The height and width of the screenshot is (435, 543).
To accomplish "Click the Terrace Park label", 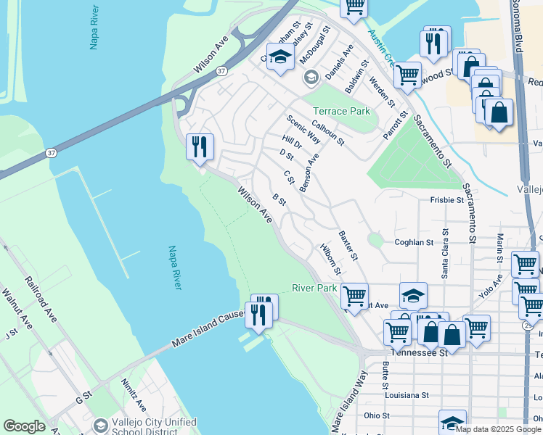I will click(341, 111).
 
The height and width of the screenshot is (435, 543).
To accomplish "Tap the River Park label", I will click(314, 288).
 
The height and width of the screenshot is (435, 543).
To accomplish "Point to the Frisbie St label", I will click(446, 199).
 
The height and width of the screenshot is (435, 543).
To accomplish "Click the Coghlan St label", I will click(413, 242).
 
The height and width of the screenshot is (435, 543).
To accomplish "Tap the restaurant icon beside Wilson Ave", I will click(198, 146).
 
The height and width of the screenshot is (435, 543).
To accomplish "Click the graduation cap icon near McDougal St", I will click(279, 57).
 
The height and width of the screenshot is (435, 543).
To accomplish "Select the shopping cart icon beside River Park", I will click(354, 296).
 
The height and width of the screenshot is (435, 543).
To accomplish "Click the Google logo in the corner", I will click(24, 426).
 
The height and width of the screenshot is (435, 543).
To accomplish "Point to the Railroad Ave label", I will click(41, 298).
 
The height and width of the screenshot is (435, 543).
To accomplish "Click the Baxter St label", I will click(348, 246).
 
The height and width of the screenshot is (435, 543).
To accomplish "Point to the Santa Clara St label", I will click(445, 257).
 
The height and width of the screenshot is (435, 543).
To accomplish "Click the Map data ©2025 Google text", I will click(498, 429).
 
